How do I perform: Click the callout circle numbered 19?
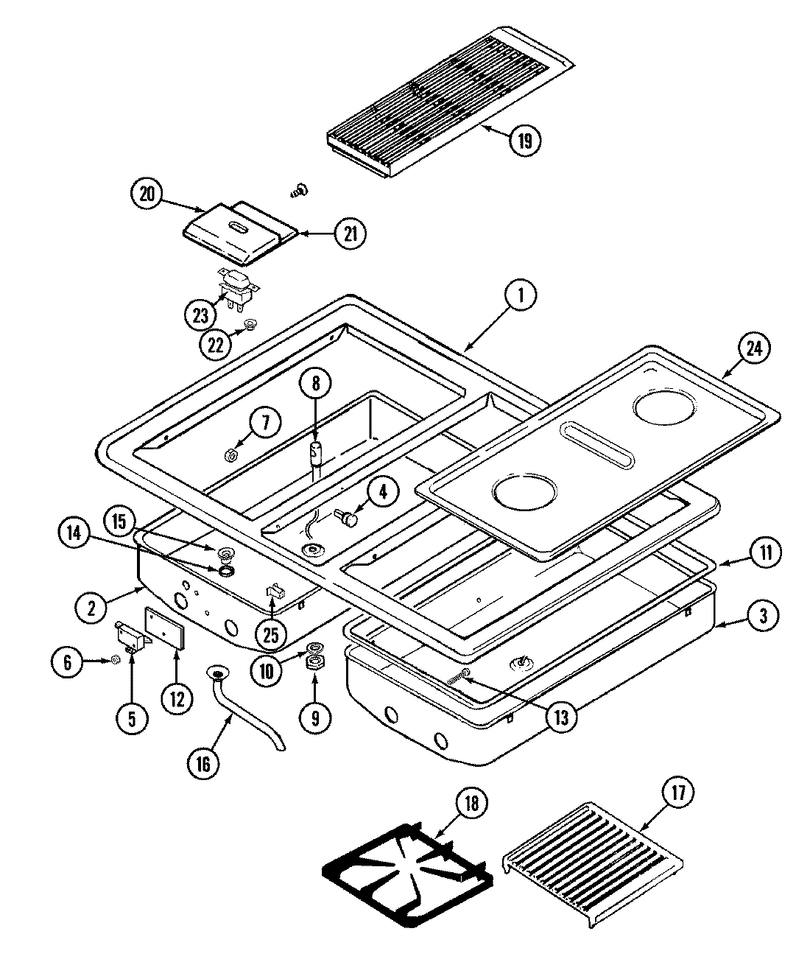(524, 139)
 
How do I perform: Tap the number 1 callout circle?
(521, 297)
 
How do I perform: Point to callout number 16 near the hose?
(203, 764)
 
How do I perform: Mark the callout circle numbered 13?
(561, 716)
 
